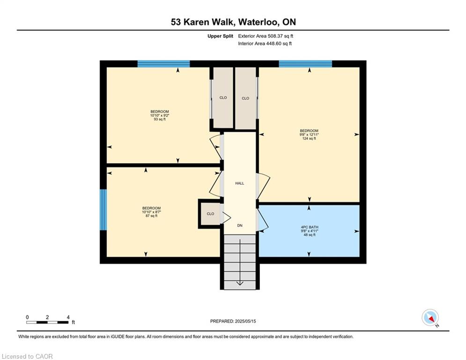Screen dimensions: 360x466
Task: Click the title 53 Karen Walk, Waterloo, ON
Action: [233, 22]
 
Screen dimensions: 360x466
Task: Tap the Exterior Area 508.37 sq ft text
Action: [266, 36]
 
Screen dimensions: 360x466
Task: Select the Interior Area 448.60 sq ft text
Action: [265, 44]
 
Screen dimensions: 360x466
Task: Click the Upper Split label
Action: [220, 36]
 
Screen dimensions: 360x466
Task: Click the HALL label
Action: [240, 183]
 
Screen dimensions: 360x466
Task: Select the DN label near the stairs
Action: [240, 225]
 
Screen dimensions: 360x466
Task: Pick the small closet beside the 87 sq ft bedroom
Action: [210, 214]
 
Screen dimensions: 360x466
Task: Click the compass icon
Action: [429, 317]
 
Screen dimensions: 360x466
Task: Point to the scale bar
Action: [48, 322]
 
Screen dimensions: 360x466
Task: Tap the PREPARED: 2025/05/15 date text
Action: [233, 321]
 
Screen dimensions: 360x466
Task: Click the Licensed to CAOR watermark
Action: [28, 356]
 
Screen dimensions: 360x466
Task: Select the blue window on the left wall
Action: [103, 210]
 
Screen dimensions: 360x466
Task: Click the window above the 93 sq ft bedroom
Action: [163, 64]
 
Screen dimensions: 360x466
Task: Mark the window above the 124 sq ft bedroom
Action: [305, 64]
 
